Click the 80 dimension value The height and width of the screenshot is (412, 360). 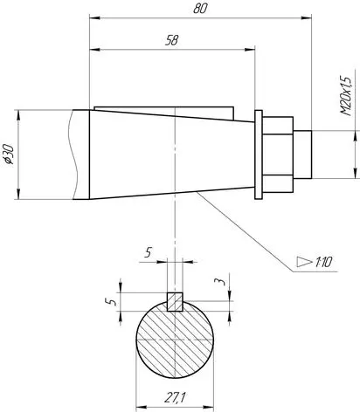[x=200, y=9]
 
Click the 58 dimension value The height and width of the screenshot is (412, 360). [x=172, y=40]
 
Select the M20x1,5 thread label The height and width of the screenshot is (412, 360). [x=346, y=96]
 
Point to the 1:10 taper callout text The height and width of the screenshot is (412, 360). [x=323, y=263]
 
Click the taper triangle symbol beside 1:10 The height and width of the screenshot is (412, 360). [x=304, y=262]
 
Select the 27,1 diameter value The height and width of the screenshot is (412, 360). [x=175, y=397]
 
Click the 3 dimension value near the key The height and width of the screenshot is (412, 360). [x=220, y=281]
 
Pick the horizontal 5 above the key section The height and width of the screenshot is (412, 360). [x=149, y=252]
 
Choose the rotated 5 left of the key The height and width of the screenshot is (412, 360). [x=111, y=302]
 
